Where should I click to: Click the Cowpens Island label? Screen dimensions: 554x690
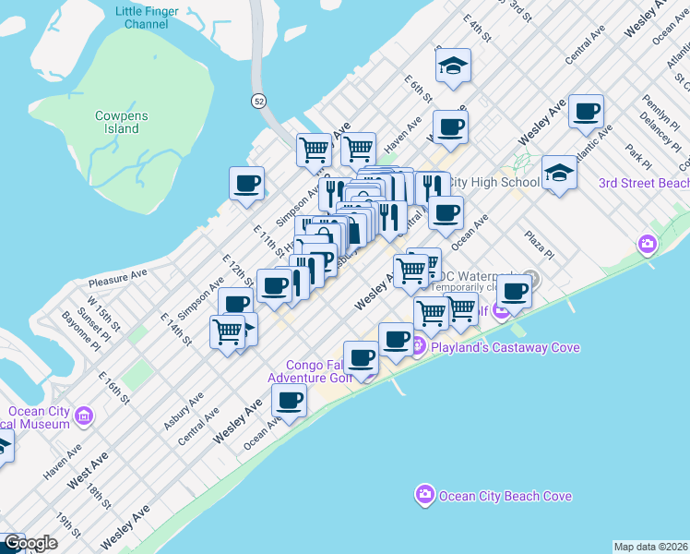pyautogui.click(x=117, y=122)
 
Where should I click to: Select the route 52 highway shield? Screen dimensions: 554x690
pyautogui.click(x=260, y=99)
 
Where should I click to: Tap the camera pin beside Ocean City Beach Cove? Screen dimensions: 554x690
pyautogui.click(x=425, y=495)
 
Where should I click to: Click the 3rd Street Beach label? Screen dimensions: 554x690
pyautogui.click(x=643, y=183)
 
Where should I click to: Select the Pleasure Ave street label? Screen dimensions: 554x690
pyautogui.click(x=118, y=276)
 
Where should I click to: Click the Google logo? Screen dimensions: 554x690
pyautogui.click(x=30, y=543)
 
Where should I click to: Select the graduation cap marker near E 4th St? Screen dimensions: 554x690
pyautogui.click(x=454, y=66)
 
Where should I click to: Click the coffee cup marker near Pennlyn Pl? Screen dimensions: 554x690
pyautogui.click(x=587, y=113)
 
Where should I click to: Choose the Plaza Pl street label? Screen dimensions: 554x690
pyautogui.click(x=541, y=245)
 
